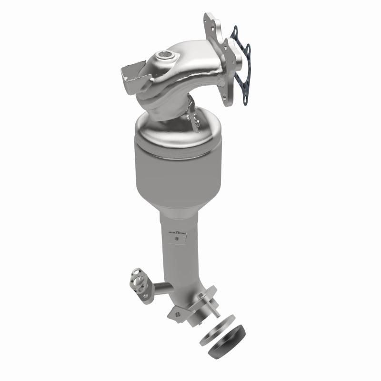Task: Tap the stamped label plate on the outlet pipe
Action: (177, 234)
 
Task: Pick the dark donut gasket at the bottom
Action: (227, 341)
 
